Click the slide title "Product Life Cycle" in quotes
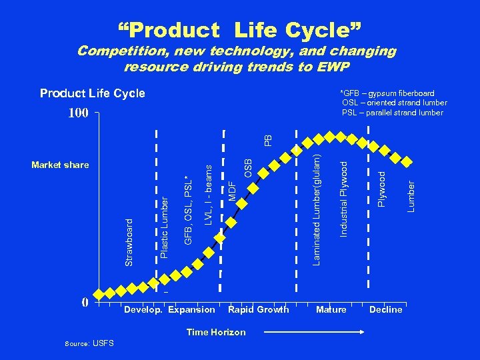click(x=240, y=30)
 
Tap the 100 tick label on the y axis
click(x=78, y=113)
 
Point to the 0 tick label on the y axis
click(x=85, y=302)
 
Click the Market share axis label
click(x=60, y=165)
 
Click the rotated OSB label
click(x=248, y=167)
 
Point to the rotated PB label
click(x=267, y=140)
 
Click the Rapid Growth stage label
click(x=259, y=309)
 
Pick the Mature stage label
click(x=331, y=309)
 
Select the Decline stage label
click(x=386, y=309)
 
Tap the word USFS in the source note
click(x=103, y=343)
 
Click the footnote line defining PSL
click(x=393, y=113)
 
